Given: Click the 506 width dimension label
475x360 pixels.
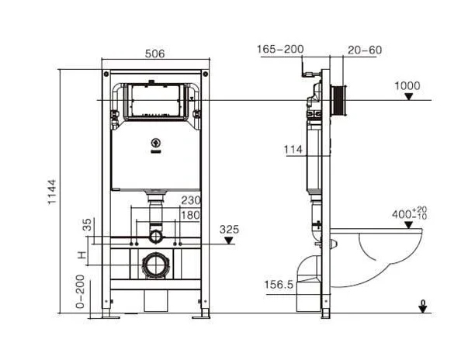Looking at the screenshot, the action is pos(154,54).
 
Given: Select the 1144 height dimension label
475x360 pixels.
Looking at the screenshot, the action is pos(52,192).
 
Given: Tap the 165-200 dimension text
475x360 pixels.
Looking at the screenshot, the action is pos(280,49).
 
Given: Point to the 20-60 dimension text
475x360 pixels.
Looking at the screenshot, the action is pos(365,50).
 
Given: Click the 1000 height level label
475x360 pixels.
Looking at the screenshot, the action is pos(407,85).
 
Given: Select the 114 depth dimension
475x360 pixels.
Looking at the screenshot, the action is pos(293,149).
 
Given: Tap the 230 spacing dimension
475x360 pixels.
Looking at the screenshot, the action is pos(191,200).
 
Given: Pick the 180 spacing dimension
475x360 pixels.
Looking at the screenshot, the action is pos(191,215).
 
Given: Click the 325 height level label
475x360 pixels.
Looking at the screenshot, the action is pos(229,229).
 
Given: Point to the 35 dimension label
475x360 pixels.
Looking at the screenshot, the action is pos(87,225).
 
